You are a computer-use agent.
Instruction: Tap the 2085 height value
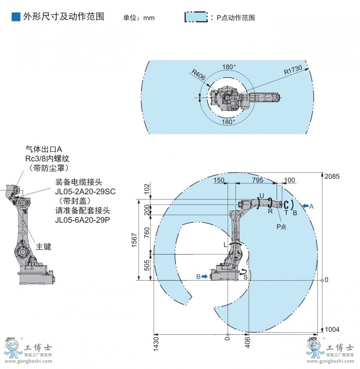click(332, 176)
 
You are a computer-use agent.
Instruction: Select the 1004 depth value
click(332, 329)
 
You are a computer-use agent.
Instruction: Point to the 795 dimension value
click(258, 180)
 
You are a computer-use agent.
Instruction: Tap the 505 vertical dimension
click(146, 267)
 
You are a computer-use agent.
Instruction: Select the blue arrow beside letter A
click(306, 206)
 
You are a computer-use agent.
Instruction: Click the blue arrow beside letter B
click(205, 276)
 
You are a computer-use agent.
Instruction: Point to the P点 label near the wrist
click(281, 226)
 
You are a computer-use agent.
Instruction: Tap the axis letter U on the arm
click(262, 195)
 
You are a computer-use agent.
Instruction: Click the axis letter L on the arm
click(226, 243)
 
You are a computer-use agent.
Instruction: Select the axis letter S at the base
click(245, 277)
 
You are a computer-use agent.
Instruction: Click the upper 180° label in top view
click(229, 67)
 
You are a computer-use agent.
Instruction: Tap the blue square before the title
click(16, 17)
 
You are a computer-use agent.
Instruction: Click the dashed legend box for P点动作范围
click(196, 17)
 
